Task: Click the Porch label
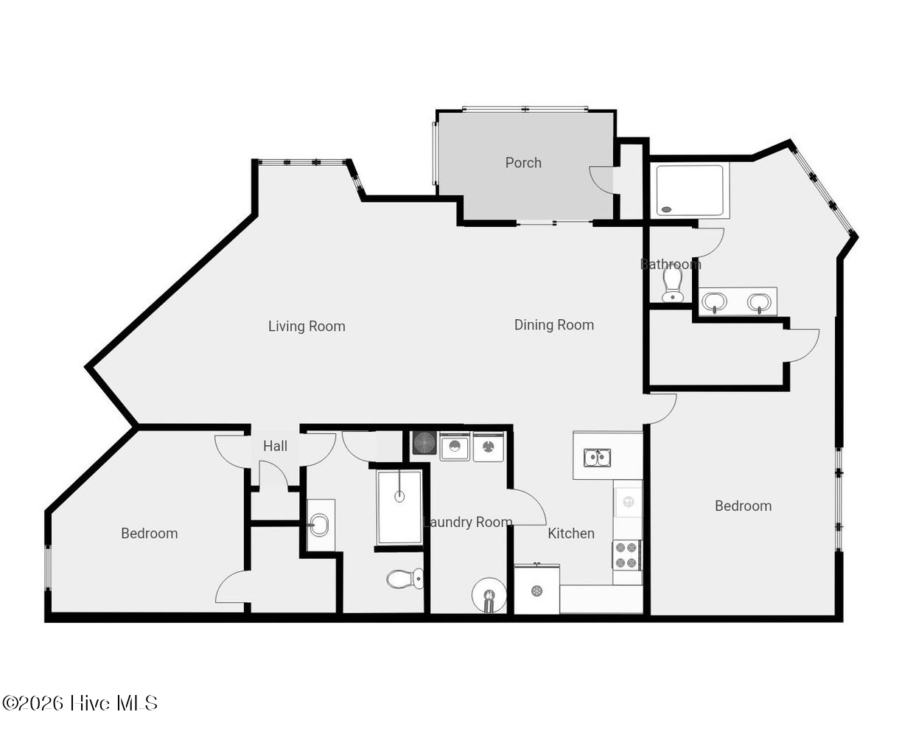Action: (x=522, y=163)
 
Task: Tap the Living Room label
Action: (x=307, y=326)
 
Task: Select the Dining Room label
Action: (x=553, y=325)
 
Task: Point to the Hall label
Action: (x=275, y=446)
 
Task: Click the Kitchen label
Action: (x=570, y=533)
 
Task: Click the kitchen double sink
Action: (x=597, y=457)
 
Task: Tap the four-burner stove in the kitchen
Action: (x=626, y=555)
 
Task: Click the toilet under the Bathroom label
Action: (x=672, y=284)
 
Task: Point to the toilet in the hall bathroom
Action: (x=405, y=579)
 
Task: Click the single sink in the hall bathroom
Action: (x=319, y=525)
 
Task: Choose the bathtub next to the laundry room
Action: (x=399, y=507)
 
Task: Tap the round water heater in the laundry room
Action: (x=489, y=595)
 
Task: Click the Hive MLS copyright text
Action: (x=80, y=703)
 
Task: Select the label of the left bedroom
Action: (x=150, y=533)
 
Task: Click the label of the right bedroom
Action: (x=743, y=506)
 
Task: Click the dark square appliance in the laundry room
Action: (x=424, y=442)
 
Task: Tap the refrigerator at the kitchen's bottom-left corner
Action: (x=536, y=590)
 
